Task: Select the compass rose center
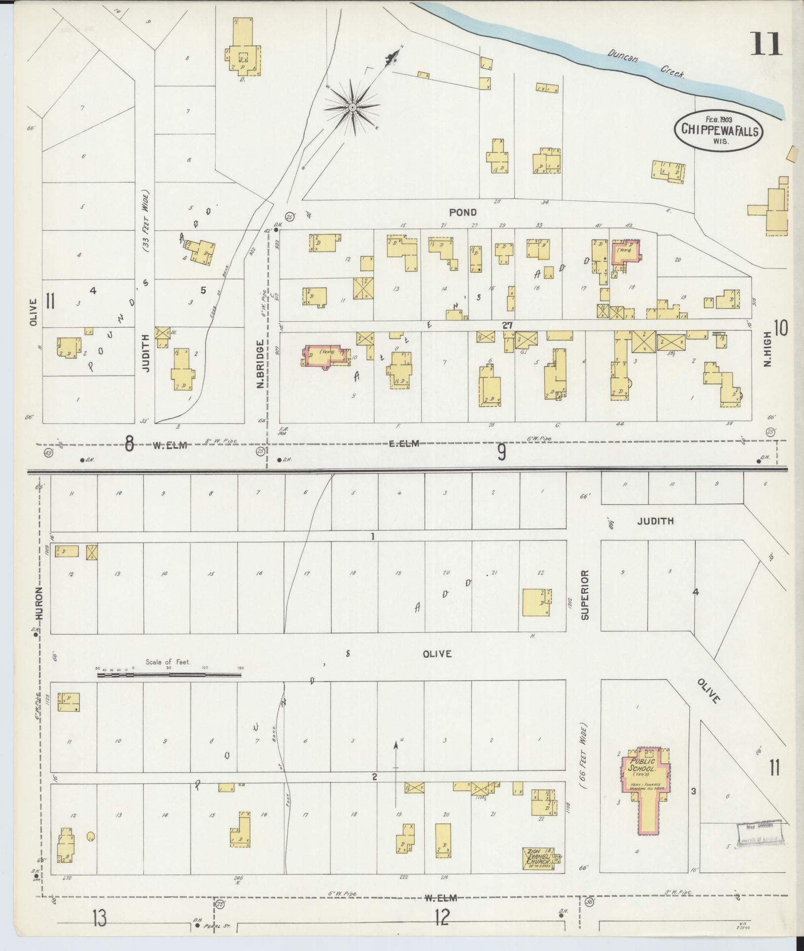click(x=353, y=107)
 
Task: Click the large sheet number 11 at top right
click(x=766, y=44)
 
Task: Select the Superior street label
click(x=585, y=595)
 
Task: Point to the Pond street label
click(x=463, y=212)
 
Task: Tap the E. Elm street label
click(x=404, y=443)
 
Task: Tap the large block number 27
click(x=507, y=325)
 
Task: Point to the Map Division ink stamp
click(x=758, y=836)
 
